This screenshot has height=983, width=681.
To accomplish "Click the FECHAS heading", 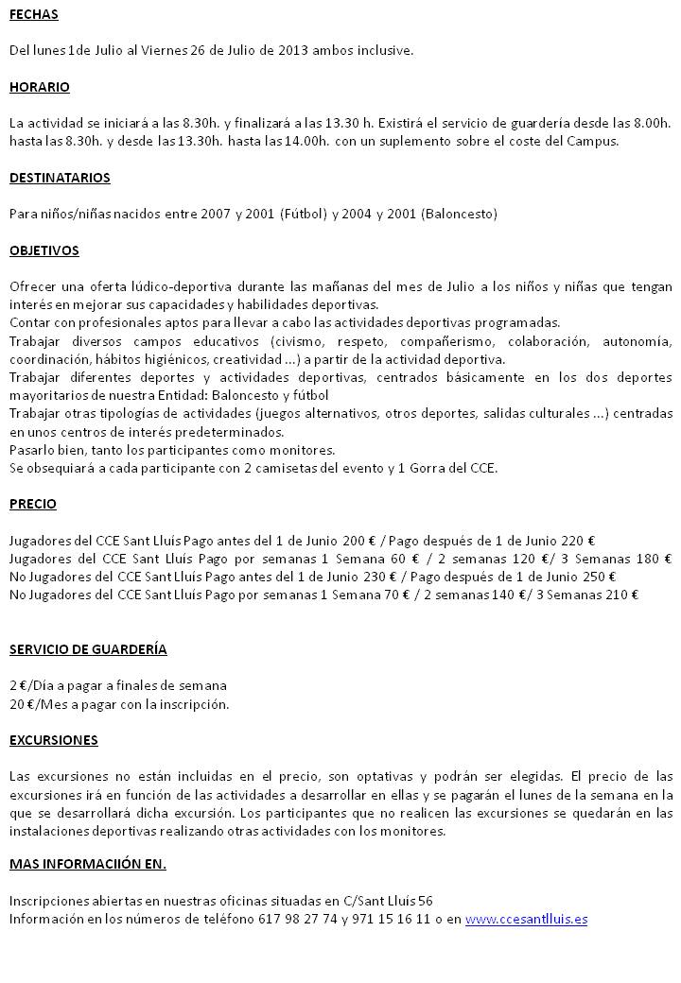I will tap(33, 14).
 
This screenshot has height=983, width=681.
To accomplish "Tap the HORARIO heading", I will tap(39, 87).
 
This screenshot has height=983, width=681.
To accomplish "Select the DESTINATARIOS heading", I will tap(60, 178).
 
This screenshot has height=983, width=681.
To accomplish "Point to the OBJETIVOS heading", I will tap(44, 250).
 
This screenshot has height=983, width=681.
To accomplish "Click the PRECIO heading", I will tap(32, 504).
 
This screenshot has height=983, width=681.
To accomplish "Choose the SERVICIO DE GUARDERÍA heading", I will tap(88, 649).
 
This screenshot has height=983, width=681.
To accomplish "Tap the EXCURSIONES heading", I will tap(53, 740).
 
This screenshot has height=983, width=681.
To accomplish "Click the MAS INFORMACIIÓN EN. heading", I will tap(87, 864).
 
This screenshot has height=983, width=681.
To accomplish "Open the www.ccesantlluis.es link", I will tap(526, 919).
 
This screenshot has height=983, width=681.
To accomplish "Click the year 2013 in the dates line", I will tap(294, 50).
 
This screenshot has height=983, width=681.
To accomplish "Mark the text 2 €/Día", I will tap(30, 685).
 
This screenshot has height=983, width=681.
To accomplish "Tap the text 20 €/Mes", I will tap(35, 703).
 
